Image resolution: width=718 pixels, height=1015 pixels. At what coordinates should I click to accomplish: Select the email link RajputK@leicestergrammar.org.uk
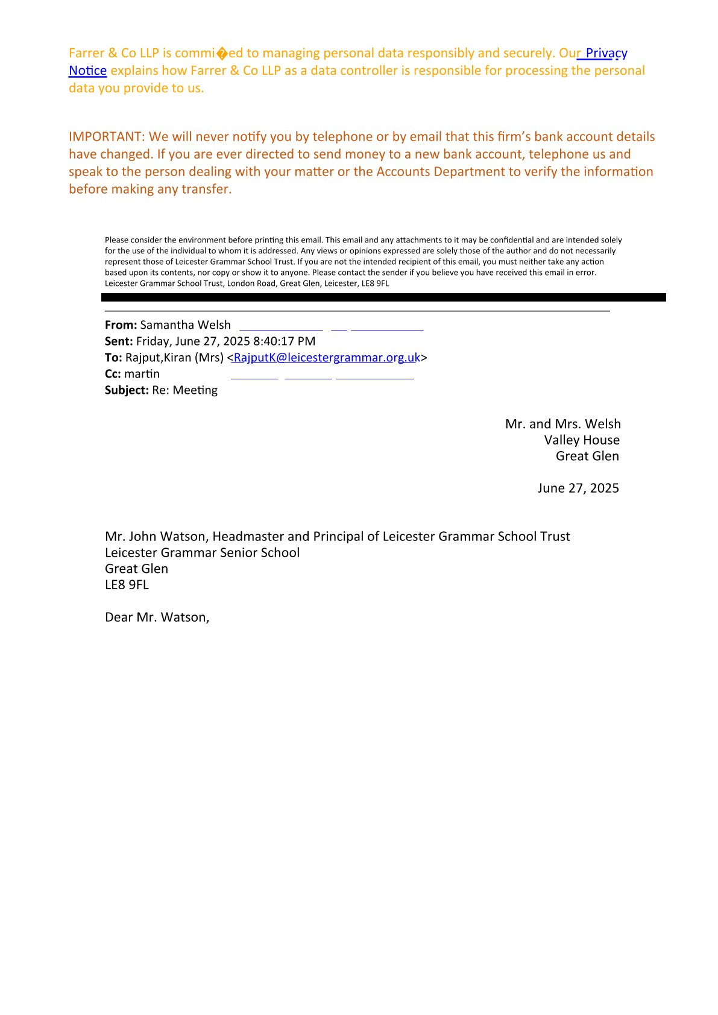click(326, 358)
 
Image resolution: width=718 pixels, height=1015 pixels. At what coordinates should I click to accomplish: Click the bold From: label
click(121, 325)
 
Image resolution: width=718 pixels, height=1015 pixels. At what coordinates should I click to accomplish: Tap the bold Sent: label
click(119, 341)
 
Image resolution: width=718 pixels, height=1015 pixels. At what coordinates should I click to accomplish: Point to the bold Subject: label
click(127, 390)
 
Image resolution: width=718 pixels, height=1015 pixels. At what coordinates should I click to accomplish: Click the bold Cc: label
click(113, 374)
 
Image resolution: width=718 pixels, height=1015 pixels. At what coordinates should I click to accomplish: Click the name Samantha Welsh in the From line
click(185, 325)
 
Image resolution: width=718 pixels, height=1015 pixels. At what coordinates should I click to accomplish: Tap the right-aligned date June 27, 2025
click(578, 488)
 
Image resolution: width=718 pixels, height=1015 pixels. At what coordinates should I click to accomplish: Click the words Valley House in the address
click(581, 440)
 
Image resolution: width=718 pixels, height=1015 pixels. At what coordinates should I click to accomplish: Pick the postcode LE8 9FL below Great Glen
click(127, 584)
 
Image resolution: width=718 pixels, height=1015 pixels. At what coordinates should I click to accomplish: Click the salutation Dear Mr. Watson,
click(157, 617)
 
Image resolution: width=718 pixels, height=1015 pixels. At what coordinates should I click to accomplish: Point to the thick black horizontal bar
click(383, 297)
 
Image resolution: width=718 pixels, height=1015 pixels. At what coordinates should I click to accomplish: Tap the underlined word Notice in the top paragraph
click(87, 71)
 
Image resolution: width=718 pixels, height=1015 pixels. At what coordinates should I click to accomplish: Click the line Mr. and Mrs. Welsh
click(562, 424)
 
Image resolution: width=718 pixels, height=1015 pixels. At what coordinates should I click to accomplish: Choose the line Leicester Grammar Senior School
click(202, 552)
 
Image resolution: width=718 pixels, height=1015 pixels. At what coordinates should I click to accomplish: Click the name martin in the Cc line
click(142, 374)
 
